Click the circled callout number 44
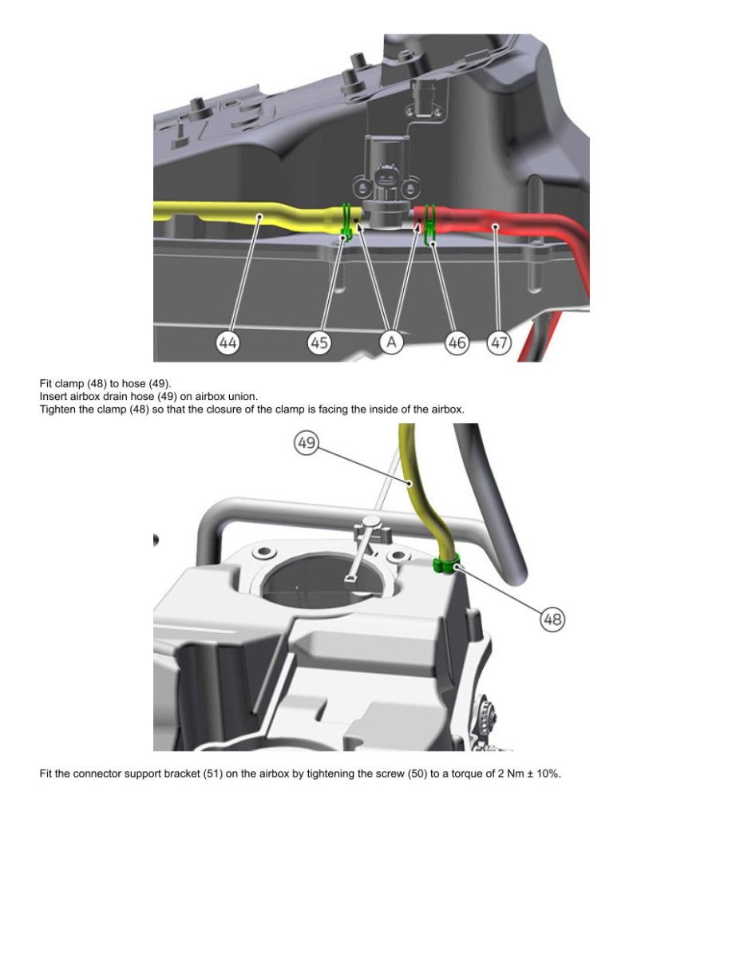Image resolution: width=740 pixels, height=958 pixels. click(228, 342)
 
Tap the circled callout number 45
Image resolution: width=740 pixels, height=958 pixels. click(319, 342)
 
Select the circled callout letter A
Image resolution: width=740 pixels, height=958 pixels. click(391, 342)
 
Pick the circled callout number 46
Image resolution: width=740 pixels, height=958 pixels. click(457, 342)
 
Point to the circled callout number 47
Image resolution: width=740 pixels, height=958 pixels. click(499, 342)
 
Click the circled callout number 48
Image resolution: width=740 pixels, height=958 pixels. click(552, 620)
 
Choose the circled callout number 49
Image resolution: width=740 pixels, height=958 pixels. click(307, 442)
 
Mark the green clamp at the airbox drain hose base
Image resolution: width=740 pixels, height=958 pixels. click(445, 565)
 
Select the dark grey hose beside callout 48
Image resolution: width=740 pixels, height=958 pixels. click(489, 503)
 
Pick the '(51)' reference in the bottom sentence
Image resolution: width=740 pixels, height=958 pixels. click(213, 774)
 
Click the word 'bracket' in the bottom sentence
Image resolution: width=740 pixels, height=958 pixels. click(182, 774)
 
